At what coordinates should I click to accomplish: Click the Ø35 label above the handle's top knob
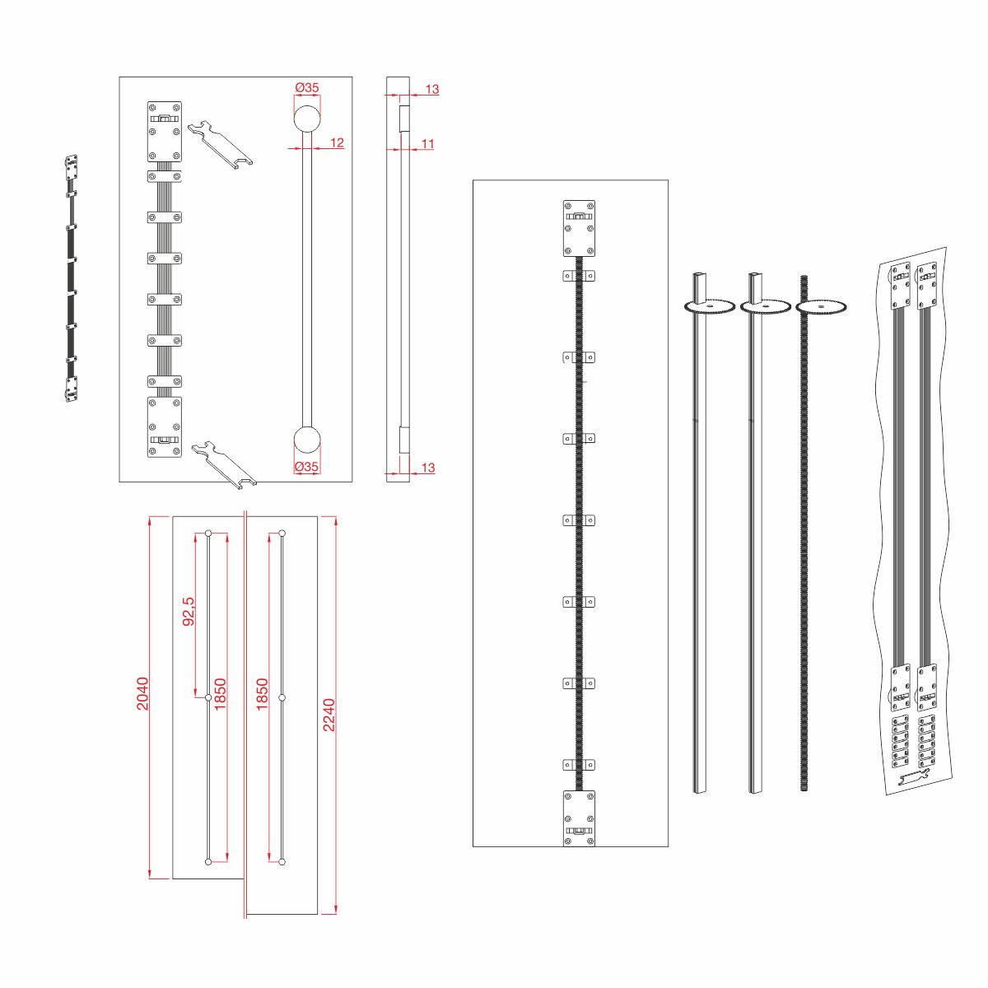(307, 87)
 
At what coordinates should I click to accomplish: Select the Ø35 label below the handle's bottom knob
(306, 467)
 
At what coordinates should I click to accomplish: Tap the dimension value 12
(337, 142)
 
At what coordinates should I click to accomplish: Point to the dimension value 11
(427, 143)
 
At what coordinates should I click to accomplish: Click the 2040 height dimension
(142, 694)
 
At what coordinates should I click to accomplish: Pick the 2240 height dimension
(329, 715)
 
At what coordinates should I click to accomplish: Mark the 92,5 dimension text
(189, 611)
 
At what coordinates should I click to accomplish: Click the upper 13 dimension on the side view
(432, 89)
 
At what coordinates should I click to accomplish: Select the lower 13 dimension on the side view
(428, 468)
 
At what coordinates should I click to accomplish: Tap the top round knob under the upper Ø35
(307, 119)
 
